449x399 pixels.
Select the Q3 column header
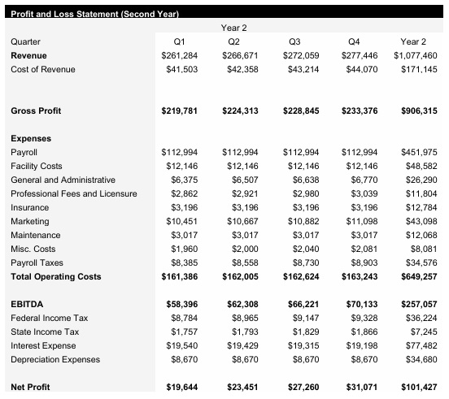coord(295,41)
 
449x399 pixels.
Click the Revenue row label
coord(28,55)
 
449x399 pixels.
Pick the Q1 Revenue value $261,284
coord(179,55)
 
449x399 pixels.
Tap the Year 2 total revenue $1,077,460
coord(415,55)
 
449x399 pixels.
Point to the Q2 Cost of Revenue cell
coord(238,69)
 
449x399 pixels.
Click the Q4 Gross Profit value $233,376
coord(355,111)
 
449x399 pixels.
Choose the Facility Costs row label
coord(36,166)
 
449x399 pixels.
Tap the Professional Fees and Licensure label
coord(74,193)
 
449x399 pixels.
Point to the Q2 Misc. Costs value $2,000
coord(243,249)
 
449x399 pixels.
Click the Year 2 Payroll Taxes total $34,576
coord(420,262)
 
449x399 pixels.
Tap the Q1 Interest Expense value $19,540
coord(181,345)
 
